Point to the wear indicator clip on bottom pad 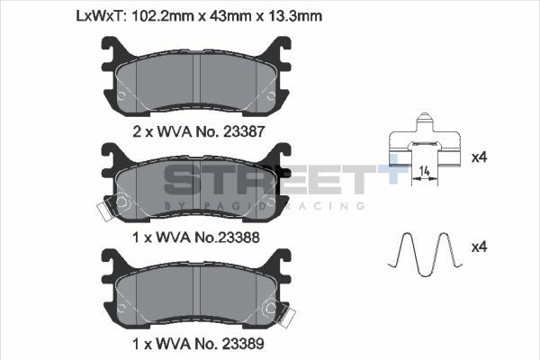[x=288, y=316]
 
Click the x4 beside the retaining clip [x=480, y=157]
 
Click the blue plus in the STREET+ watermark [x=388, y=174]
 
